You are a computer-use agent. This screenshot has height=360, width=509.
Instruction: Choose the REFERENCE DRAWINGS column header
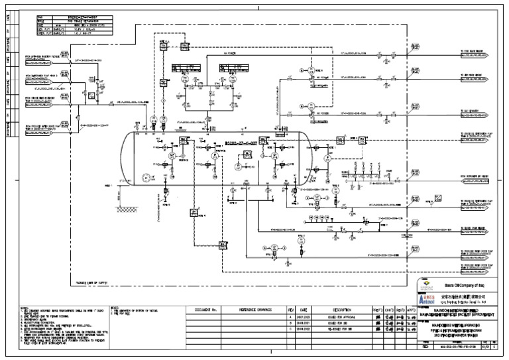point(254,310)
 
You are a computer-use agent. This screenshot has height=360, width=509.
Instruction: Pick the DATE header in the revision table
point(304,310)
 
